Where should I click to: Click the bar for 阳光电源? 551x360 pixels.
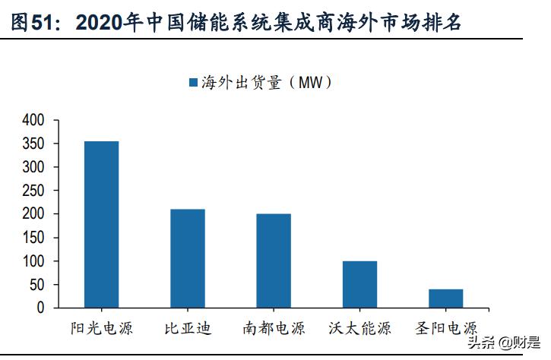(101, 224)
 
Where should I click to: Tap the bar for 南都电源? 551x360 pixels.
(273, 261)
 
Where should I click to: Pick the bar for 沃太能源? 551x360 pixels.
(359, 284)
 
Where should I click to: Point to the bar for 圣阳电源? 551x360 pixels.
(445, 298)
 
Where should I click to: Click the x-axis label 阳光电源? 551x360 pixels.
(101, 329)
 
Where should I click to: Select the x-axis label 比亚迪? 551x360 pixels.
(187, 329)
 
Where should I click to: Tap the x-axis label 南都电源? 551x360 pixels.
(274, 329)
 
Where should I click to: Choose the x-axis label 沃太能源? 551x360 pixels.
(359, 329)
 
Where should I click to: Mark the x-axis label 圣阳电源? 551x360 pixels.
(446, 329)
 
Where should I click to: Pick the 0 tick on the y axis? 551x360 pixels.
(41, 308)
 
